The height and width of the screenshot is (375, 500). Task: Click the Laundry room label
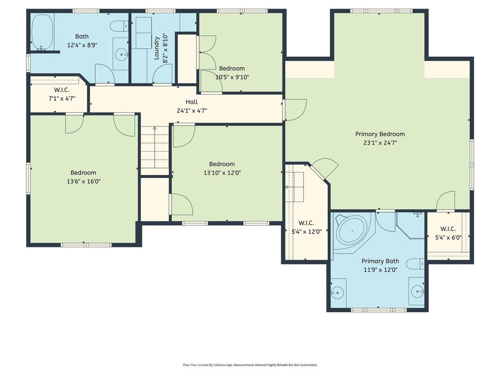pyautogui.click(x=157, y=48)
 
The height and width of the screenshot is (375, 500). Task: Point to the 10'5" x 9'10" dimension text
pyautogui.click(x=232, y=77)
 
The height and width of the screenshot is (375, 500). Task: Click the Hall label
pyautogui.click(x=191, y=102)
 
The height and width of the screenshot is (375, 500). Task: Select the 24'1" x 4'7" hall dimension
pyautogui.click(x=191, y=111)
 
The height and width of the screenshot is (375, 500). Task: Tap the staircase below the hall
pyautogui.click(x=155, y=150)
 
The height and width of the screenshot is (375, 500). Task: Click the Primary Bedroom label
pyautogui.click(x=380, y=134)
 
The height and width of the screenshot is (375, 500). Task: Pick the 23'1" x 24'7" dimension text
pyautogui.click(x=380, y=143)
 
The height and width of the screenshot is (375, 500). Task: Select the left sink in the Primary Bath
pyautogui.click(x=337, y=292)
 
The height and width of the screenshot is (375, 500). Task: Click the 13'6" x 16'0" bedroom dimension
pyautogui.click(x=83, y=181)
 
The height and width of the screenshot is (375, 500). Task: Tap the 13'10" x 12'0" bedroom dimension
pyautogui.click(x=222, y=173)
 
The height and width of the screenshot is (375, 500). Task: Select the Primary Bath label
pyautogui.click(x=380, y=261)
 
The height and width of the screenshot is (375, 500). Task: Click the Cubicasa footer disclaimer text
pyautogui.click(x=250, y=365)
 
